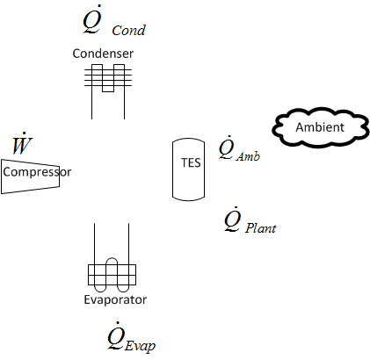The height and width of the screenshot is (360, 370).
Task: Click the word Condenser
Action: click(103, 54)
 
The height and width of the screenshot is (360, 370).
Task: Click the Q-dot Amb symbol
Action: click(237, 151)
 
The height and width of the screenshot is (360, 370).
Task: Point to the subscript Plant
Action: click(261, 228)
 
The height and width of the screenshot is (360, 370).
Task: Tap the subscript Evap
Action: click(141, 344)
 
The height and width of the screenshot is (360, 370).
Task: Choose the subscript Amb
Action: click(247, 157)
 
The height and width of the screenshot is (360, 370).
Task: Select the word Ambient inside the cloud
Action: click(319, 128)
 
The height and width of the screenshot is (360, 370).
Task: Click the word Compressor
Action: click(36, 172)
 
